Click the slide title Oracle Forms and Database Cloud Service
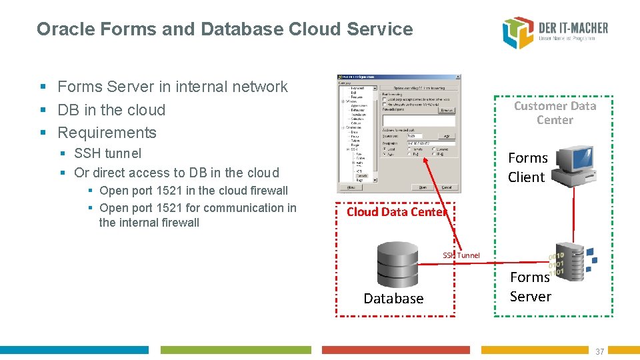[x=225, y=29]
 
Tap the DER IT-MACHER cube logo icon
[x=518, y=33]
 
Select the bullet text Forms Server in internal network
[x=173, y=87]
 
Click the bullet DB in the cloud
[x=111, y=110]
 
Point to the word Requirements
[x=107, y=133]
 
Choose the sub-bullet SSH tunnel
[x=108, y=153]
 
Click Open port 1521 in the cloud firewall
[x=193, y=191]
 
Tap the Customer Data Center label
[x=555, y=113]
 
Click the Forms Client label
[x=527, y=167]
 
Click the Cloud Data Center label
[x=396, y=212]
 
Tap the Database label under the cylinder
[x=393, y=299]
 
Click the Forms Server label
[x=530, y=287]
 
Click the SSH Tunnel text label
[x=461, y=255]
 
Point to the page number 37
[x=599, y=352]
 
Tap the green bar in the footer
[x=235, y=350]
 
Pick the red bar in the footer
[x=395, y=350]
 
